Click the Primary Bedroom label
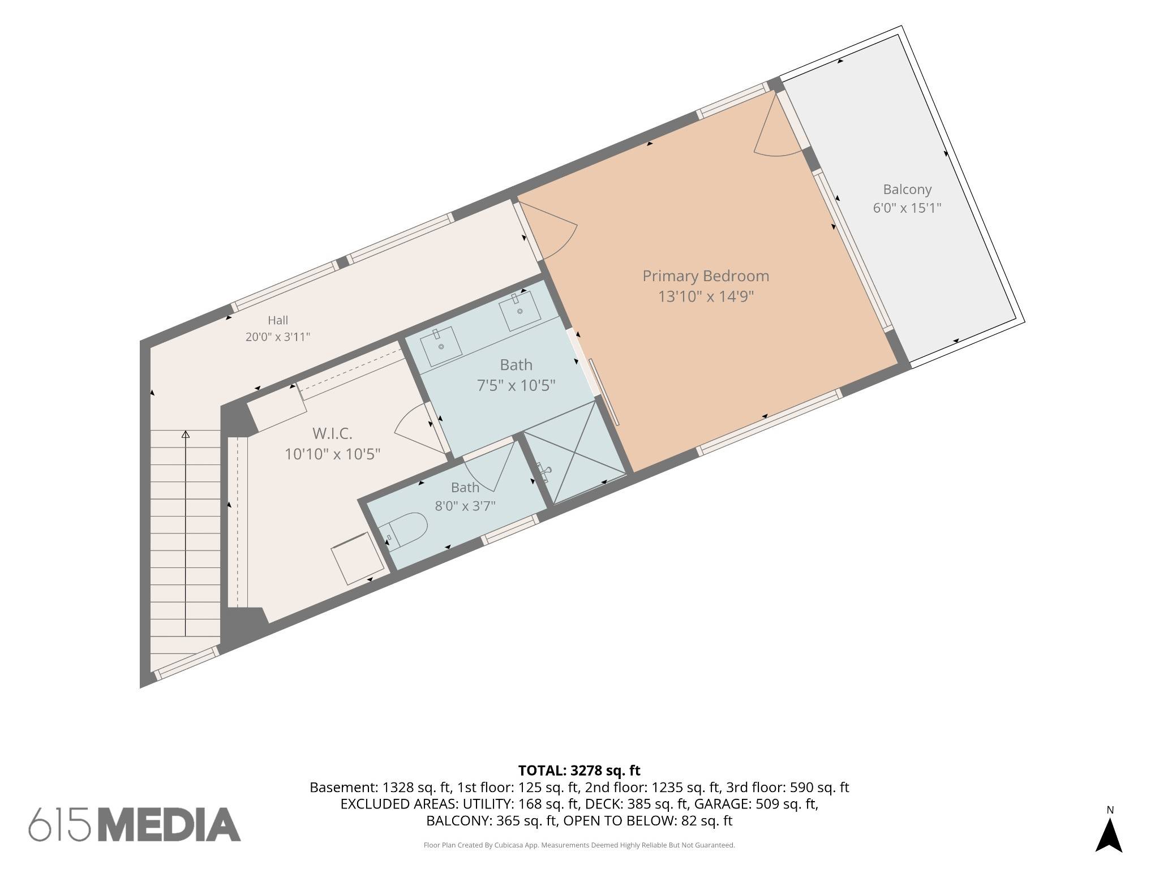pos(706,276)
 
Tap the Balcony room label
pos(907,190)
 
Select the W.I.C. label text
pos(332,434)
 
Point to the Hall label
pos(278,320)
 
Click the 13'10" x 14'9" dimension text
pos(706,296)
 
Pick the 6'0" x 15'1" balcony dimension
pos(907,208)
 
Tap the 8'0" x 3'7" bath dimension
pos(465,506)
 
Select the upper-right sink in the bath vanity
pos(519,310)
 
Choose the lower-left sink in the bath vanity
pos(441,346)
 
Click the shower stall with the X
pos(574,453)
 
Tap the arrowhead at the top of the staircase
pos(186,434)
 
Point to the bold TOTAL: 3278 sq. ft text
pos(579,770)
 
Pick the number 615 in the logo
pos(59,824)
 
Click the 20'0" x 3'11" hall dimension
pos(278,337)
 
